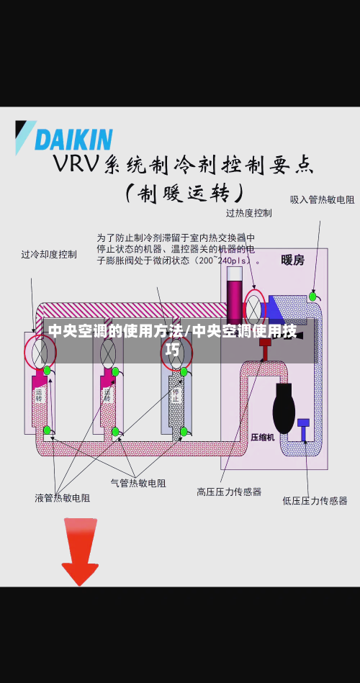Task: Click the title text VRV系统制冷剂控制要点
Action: [x=184, y=165]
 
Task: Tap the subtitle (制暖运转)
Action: [x=184, y=194]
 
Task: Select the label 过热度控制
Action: [x=248, y=213]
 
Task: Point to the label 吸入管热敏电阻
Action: [x=322, y=199]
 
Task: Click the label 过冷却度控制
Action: [x=48, y=254]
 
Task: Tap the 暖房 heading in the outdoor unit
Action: [x=292, y=260]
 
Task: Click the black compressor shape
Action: [x=284, y=408]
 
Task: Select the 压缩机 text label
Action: [x=262, y=437]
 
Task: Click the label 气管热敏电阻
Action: [x=138, y=483]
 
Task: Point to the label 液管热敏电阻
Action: [x=63, y=497]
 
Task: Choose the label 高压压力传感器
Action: [x=229, y=492]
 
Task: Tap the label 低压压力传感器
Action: [x=315, y=500]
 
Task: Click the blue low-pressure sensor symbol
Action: [x=303, y=424]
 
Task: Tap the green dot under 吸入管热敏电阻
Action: [x=312, y=297]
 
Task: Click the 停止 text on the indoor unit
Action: [x=175, y=395]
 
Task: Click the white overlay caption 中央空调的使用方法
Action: [x=116, y=332]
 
